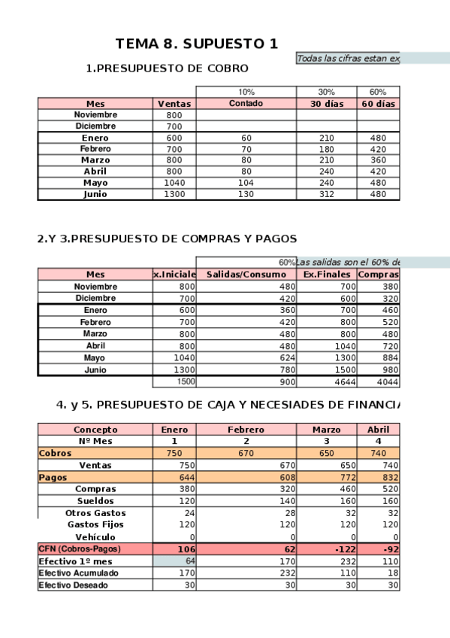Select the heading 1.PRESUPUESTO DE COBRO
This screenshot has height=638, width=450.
[167, 68]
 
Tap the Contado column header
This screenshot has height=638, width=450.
[246, 104]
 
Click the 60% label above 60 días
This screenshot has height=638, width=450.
[378, 92]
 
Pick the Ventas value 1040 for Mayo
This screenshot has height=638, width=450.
[174, 183]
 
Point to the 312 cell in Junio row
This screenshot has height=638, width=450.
[326, 194]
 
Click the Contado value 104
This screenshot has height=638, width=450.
[246, 183]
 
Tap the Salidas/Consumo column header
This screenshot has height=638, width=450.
[246, 275]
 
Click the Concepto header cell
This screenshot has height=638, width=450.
[95, 430]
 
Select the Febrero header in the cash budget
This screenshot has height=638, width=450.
[246, 430]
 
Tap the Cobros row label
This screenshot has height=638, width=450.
[56, 454]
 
